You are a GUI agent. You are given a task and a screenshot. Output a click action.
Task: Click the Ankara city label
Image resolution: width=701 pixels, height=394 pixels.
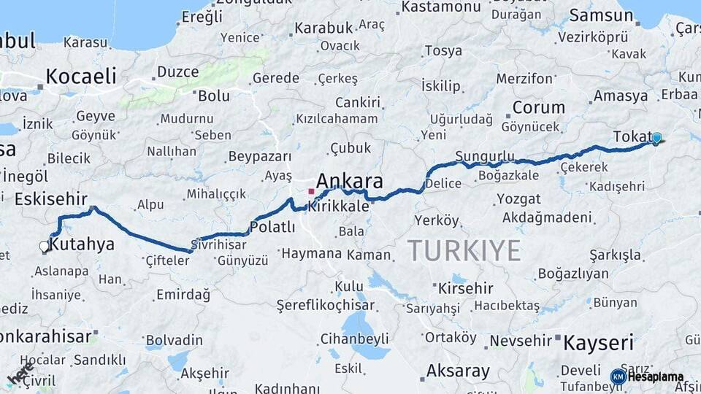tap(349, 182)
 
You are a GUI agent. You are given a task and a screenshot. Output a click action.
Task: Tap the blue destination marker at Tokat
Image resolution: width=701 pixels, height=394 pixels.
tap(656, 138)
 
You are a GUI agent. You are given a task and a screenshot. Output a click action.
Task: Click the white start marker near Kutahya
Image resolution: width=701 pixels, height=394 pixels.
tap(45, 247)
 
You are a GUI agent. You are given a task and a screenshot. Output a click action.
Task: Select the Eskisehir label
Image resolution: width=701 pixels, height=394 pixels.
tap(51, 199)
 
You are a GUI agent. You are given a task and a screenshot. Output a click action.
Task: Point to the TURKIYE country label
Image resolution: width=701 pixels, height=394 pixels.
tap(464, 250)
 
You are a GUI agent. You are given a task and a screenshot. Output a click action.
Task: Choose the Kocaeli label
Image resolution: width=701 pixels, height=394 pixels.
tap(80, 76)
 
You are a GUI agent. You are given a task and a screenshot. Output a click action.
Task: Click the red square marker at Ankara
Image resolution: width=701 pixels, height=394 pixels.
tap(311, 192)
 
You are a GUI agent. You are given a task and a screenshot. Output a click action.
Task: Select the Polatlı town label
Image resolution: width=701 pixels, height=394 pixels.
tap(272, 227)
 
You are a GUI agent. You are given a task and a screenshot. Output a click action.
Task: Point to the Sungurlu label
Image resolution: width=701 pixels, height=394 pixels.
tap(484, 156)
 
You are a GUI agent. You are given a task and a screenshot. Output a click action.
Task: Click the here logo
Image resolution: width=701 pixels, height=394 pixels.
tap(20, 373)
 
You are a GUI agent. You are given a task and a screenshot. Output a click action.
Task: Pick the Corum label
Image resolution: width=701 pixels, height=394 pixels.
tap(539, 107)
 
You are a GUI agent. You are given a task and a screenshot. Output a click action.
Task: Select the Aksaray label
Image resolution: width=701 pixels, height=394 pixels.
tap(457, 371)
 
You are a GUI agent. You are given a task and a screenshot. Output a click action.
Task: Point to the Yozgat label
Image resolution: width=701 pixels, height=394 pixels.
tap(518, 198)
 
